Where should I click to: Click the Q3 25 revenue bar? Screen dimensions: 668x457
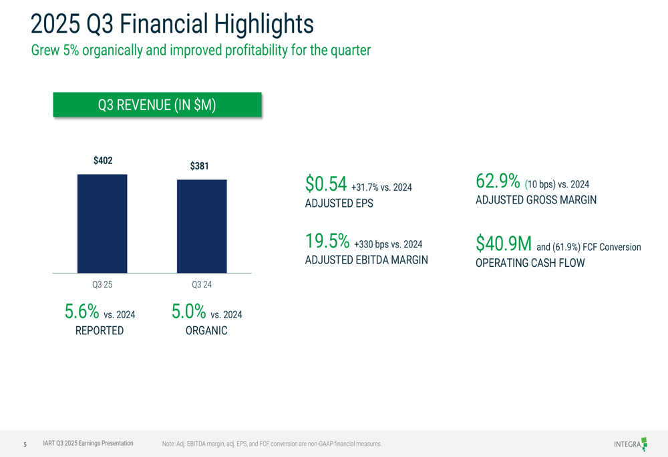(x=102, y=223)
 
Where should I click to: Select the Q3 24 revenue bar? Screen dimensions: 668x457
(x=202, y=226)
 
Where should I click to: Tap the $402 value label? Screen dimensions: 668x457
(x=103, y=160)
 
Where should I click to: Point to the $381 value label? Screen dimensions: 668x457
(x=199, y=166)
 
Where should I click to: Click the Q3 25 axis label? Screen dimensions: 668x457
(x=102, y=284)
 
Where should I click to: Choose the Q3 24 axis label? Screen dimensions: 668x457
(x=202, y=284)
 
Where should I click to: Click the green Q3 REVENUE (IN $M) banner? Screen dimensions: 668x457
(x=157, y=105)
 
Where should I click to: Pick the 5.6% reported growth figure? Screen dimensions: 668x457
(x=81, y=312)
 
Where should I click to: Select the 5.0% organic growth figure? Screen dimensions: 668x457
(x=189, y=312)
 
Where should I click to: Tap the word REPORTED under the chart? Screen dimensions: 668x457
(x=100, y=331)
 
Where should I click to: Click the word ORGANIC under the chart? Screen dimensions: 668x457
(x=206, y=331)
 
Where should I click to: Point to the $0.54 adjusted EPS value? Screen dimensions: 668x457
(x=326, y=184)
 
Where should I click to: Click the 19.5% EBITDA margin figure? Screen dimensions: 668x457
(x=327, y=241)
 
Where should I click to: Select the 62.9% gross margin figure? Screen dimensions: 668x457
(x=498, y=181)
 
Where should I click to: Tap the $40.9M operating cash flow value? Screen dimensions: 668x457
(x=504, y=244)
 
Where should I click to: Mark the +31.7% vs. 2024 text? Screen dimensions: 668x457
(x=381, y=187)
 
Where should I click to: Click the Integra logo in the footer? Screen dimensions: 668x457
(x=631, y=444)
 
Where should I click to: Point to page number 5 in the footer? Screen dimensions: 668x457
(x=25, y=444)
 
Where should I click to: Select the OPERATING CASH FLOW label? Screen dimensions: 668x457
(x=530, y=263)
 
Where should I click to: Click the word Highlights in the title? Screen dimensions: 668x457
(x=264, y=24)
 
